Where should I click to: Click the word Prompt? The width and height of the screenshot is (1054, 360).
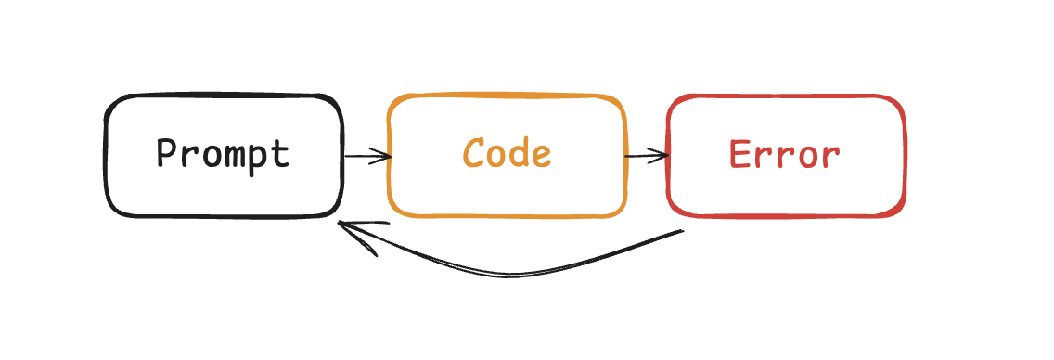(x=223, y=153)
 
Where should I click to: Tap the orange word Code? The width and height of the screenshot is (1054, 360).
(x=507, y=153)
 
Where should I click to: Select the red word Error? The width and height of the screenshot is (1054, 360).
(x=785, y=154)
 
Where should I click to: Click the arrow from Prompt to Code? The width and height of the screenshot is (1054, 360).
(x=366, y=156)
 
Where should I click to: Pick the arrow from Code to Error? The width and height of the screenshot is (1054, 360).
(x=647, y=156)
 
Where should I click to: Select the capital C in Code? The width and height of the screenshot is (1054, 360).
(x=474, y=153)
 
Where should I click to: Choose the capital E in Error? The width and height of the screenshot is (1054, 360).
(x=739, y=154)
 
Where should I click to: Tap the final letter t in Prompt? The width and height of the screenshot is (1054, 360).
(x=281, y=153)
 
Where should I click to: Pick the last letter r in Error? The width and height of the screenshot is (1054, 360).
(x=830, y=156)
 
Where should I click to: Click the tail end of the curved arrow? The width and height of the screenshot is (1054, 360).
(x=682, y=231)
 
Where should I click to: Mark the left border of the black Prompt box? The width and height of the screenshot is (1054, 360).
(x=106, y=156)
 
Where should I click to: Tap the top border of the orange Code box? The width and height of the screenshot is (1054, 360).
(x=507, y=96)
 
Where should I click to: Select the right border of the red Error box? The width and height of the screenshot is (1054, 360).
(x=904, y=156)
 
